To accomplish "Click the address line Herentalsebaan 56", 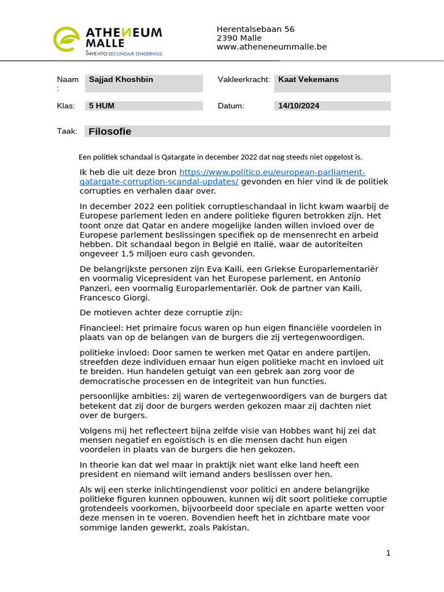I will (256, 29).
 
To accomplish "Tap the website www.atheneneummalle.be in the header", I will (272, 47).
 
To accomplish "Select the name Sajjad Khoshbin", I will (121, 80).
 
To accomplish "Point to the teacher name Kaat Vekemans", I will (308, 80).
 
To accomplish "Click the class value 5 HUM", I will (102, 106).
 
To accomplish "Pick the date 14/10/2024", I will (298, 106).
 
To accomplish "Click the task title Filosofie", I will (110, 132).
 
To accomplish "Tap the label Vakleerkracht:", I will (243, 80).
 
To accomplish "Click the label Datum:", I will (231, 106).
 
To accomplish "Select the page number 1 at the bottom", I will (388, 553).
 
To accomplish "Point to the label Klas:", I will (66, 106).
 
